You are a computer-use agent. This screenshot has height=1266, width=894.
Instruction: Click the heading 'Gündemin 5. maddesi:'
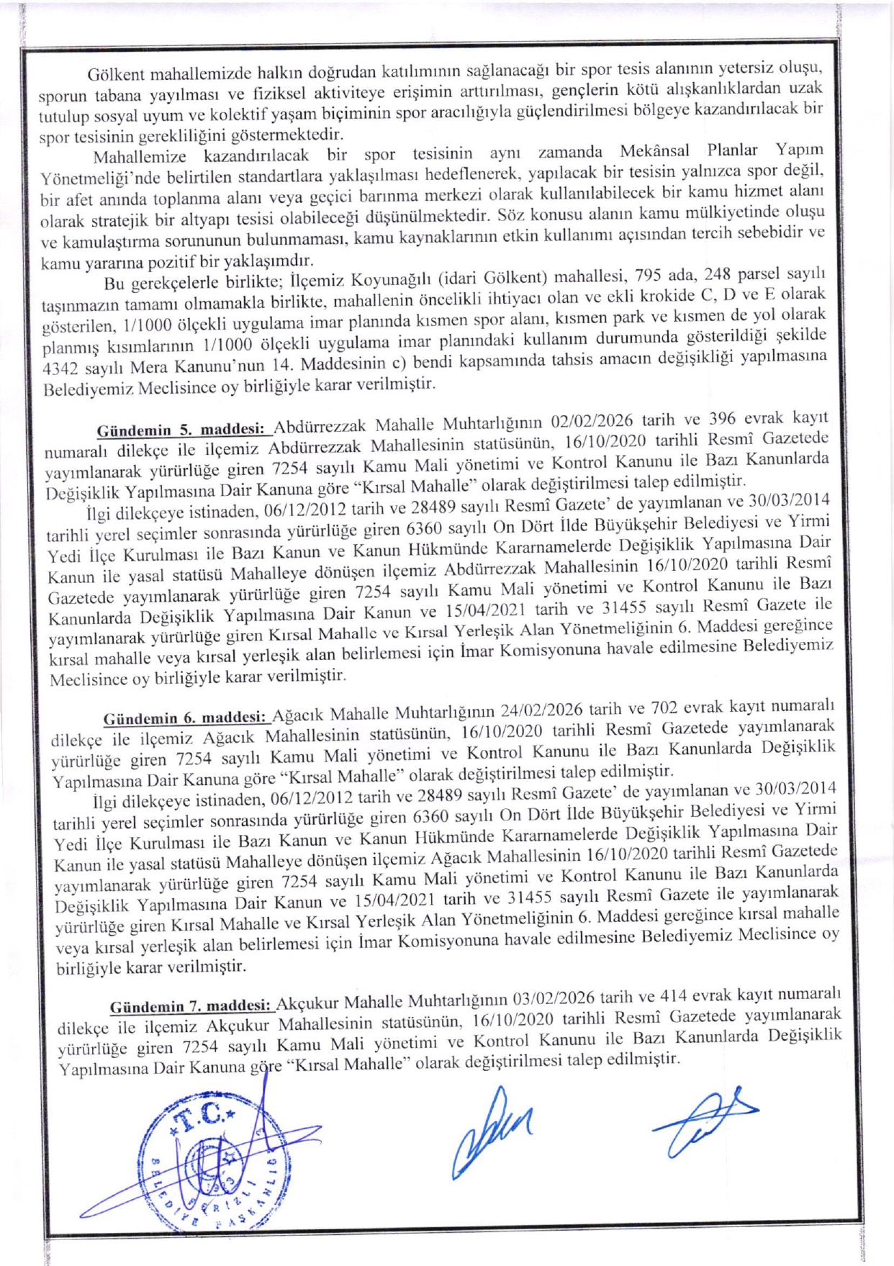point(184,430)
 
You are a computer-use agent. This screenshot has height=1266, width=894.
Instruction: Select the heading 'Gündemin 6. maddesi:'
point(187,718)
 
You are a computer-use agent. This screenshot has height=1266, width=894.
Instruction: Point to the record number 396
point(723,418)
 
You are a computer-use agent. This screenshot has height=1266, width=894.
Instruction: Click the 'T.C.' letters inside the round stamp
point(204,1115)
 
